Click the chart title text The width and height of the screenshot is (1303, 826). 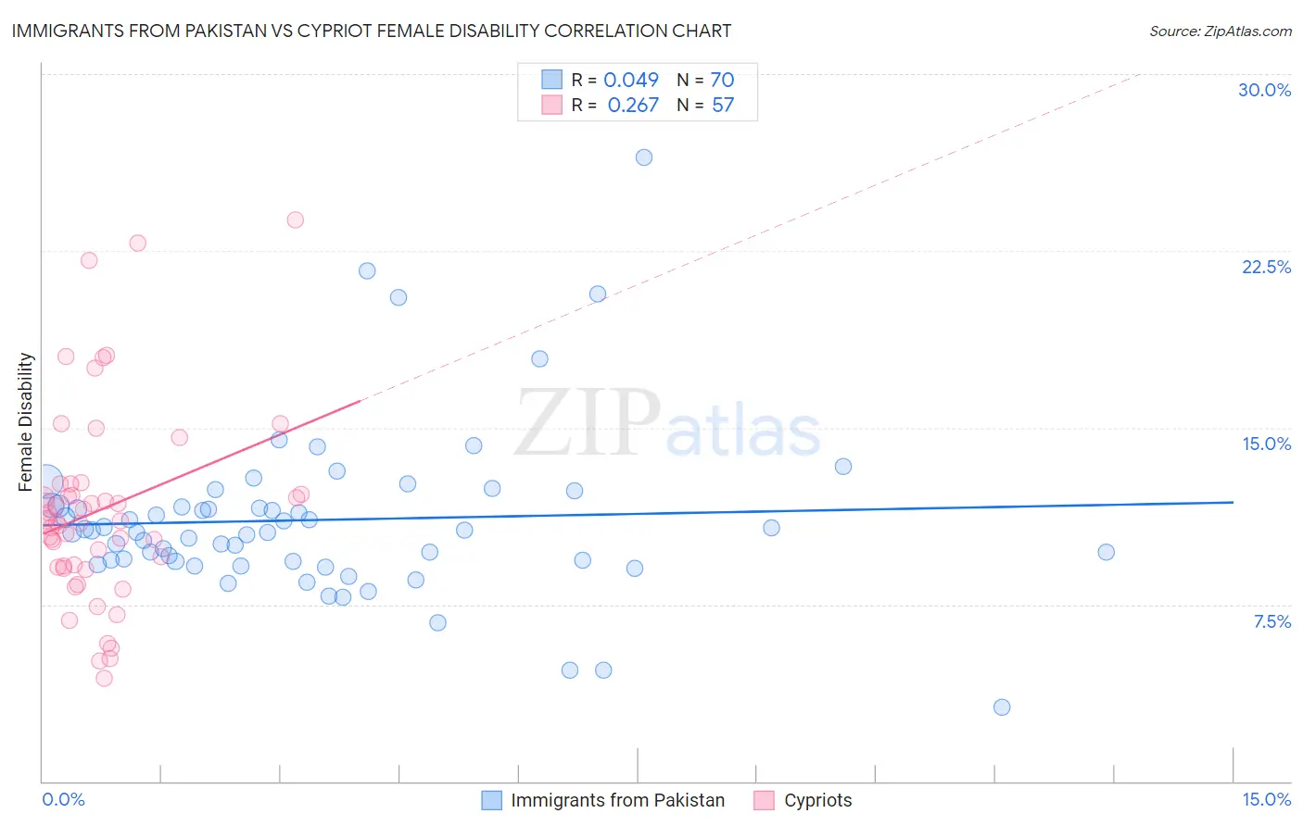click(x=372, y=31)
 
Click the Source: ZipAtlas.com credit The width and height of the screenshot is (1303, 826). click(x=1220, y=31)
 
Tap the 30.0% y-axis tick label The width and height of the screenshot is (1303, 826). click(x=1264, y=90)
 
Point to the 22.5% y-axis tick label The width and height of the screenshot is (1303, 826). click(x=1266, y=267)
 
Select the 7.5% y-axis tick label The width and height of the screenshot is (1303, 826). click(x=1271, y=621)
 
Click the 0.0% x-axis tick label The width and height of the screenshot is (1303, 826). click(x=63, y=799)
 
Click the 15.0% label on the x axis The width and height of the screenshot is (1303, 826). click(x=1266, y=799)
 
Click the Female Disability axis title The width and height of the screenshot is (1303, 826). click(x=26, y=421)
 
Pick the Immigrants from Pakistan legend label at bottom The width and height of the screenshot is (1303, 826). click(x=617, y=800)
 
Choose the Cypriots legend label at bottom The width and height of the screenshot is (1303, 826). click(x=817, y=800)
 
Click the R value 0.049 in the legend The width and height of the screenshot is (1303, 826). click(x=631, y=81)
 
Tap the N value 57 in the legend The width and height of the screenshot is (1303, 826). click(x=723, y=106)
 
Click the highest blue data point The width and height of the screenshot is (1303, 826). click(x=644, y=157)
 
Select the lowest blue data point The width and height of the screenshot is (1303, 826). click(x=1002, y=707)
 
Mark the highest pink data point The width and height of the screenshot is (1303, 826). click(x=296, y=219)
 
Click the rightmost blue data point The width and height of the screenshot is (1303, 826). click(x=1106, y=552)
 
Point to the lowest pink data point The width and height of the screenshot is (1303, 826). click(x=105, y=678)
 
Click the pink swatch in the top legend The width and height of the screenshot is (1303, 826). click(x=552, y=105)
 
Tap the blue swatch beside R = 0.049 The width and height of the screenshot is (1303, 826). click(x=552, y=80)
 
